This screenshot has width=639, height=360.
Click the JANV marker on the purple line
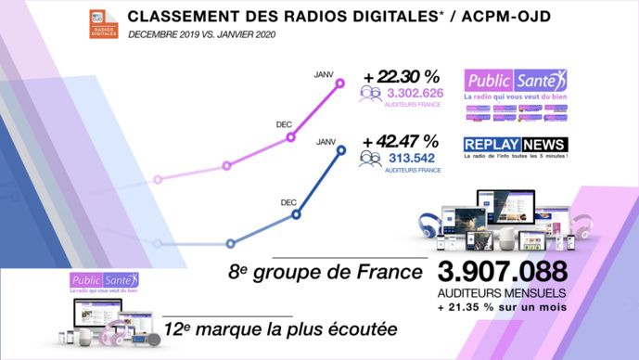340,84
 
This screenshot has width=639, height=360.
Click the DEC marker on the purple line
291,136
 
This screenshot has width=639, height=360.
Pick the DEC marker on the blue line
296,214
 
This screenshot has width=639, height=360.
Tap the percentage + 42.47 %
401,142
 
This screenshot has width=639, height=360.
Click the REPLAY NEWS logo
516,145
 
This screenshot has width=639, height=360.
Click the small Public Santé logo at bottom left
105,280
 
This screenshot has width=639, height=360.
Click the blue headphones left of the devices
429,225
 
